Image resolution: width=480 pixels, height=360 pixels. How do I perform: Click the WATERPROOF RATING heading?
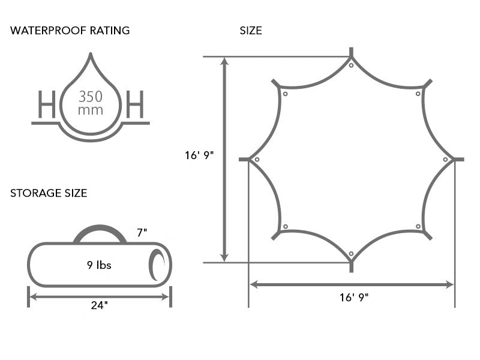click(x=70, y=31)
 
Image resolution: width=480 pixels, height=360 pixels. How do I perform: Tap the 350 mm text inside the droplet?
click(x=91, y=103)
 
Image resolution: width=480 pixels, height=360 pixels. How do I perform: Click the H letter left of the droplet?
click(x=47, y=104)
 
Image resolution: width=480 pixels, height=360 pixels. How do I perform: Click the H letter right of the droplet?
click(x=135, y=104)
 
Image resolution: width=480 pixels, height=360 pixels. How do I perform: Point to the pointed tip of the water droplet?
click(x=91, y=53)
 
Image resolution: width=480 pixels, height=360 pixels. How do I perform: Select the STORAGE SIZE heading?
click(x=49, y=193)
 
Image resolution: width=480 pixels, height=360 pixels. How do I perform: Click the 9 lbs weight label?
click(x=99, y=265)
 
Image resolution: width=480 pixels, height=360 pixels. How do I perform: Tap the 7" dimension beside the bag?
click(x=142, y=233)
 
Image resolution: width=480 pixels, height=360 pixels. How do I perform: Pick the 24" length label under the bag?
click(x=100, y=305)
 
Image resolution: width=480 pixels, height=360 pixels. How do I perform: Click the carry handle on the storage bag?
click(x=100, y=234)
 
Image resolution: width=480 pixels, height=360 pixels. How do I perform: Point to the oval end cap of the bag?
click(x=157, y=265)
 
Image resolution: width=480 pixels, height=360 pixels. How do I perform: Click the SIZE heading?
click(x=251, y=31)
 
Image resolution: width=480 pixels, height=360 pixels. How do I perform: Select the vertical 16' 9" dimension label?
click(x=199, y=155)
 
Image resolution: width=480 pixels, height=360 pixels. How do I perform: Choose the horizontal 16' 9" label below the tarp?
click(x=354, y=298)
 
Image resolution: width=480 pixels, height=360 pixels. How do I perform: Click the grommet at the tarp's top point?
click(x=351, y=65)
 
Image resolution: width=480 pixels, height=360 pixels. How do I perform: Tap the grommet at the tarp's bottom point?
click(x=351, y=254)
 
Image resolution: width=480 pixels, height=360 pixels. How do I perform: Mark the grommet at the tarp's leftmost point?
click(x=257, y=160)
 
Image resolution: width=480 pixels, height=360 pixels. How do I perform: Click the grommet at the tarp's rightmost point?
click(x=445, y=160)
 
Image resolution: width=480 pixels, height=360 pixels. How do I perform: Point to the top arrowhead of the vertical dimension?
click(x=225, y=61)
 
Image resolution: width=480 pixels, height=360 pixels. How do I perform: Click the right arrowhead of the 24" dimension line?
click(x=166, y=296)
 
